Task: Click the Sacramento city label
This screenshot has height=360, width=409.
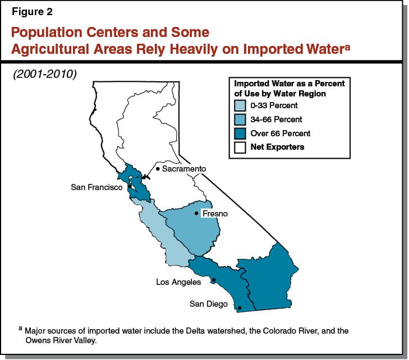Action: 184,169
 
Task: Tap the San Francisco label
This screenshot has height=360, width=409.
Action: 96,187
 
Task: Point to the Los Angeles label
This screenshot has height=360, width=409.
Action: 178,282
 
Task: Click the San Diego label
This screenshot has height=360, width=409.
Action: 208,304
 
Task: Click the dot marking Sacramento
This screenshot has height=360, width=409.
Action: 158,169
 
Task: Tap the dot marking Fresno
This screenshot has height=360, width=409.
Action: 196,213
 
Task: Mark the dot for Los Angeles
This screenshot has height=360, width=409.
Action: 214,280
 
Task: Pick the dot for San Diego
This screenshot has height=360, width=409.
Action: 240,308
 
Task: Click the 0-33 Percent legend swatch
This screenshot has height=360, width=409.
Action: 240,105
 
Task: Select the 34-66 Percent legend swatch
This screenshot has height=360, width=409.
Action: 240,119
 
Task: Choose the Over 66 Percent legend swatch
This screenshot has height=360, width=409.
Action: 240,133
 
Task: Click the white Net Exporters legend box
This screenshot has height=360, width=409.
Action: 240,147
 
